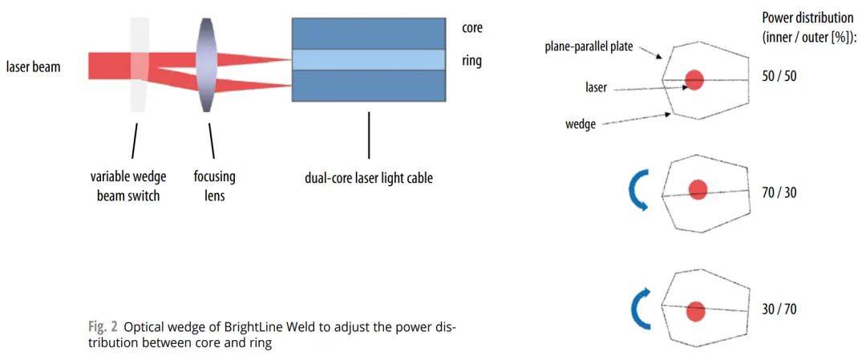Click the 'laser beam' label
point(33,67)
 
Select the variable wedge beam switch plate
point(137,66)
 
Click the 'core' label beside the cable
point(472,28)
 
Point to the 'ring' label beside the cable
point(471,60)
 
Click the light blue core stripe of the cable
point(368,59)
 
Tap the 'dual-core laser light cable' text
point(368,178)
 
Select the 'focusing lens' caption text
point(214,185)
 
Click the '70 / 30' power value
point(779,192)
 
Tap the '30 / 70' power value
point(779,309)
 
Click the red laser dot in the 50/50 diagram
point(694,79)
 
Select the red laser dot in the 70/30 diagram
point(698,189)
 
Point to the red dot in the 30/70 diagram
point(695,310)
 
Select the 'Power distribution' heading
point(807,18)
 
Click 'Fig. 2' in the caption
point(101,328)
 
